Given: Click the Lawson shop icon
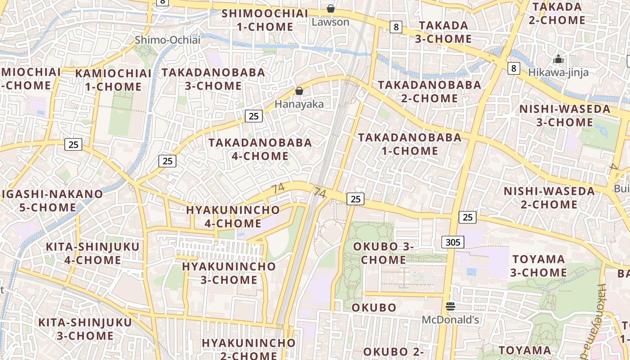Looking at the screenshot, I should [x=331, y=9].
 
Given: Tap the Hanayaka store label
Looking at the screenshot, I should [x=299, y=104].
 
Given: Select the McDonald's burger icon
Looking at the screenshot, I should [x=450, y=307].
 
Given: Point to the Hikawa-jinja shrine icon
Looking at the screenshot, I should [x=558, y=59].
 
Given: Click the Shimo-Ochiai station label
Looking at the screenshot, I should [x=167, y=40].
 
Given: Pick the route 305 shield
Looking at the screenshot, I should [x=452, y=242].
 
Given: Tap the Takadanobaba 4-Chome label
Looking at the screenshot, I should [x=260, y=149].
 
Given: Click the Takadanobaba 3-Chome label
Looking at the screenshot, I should [x=213, y=79].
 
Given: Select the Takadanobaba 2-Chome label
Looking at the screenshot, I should [x=429, y=91].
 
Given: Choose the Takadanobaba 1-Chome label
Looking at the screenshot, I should [x=410, y=144].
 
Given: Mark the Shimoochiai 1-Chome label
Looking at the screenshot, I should [x=265, y=20].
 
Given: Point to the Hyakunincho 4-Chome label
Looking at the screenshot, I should [x=233, y=216].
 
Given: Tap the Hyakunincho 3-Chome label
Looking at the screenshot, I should [x=229, y=273].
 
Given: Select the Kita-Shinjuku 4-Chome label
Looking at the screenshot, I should [x=93, y=253].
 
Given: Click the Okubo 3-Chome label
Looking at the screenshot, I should [x=383, y=253].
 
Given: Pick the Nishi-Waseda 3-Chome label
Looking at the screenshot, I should [x=565, y=116].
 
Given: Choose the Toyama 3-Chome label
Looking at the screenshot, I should [x=538, y=265].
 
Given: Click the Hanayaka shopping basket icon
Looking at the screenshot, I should [x=299, y=91].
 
